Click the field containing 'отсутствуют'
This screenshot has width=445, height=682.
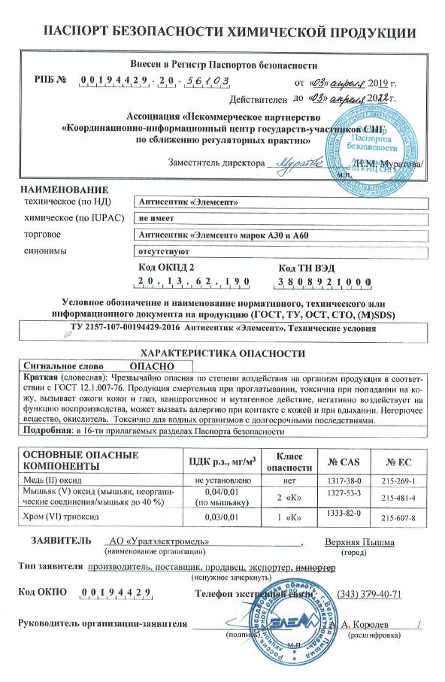161,253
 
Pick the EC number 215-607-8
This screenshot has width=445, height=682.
399,519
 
